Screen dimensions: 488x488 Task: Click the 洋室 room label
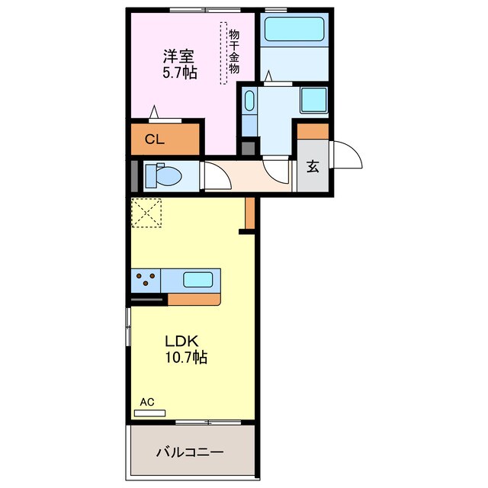pos(179,56)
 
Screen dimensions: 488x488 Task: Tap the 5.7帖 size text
pos(180,73)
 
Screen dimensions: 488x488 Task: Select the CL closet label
pos(155,140)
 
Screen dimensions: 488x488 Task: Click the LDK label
pos(181,342)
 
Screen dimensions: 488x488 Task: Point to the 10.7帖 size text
pos(186,358)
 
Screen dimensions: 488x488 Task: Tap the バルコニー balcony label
pos(190,452)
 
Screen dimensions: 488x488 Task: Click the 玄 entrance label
pos(313,166)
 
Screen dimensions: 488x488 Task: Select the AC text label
pos(147,402)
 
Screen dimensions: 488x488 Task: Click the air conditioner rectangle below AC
pos(149,413)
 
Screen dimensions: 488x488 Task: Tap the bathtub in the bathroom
pos(294,29)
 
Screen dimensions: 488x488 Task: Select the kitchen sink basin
pos(198,280)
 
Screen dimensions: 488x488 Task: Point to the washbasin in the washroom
pos(249,100)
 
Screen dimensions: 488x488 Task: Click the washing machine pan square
pos(313,100)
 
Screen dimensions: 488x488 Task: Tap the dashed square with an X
pos(146,213)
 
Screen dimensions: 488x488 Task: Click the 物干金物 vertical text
pos(234,51)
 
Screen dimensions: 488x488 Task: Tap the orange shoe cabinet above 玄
pos(313,131)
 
